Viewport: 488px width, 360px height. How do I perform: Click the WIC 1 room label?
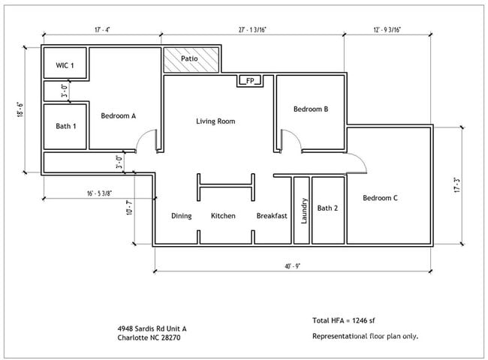(65, 66)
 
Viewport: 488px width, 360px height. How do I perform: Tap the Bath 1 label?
(66, 126)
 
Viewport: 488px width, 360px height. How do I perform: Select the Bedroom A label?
(119, 115)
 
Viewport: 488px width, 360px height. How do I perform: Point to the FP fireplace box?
(250, 80)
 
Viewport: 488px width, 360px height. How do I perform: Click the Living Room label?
(216, 121)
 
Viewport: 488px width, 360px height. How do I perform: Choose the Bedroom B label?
(311, 109)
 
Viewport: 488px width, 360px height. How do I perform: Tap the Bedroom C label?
(380, 198)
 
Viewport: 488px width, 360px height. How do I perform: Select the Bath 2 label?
(327, 208)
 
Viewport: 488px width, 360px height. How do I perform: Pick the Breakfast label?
(272, 216)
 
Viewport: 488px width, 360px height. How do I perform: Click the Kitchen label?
(223, 216)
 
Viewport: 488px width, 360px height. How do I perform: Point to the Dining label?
(182, 216)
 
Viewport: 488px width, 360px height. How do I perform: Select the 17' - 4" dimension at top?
(104, 30)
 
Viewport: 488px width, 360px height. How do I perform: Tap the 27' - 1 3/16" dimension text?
(252, 30)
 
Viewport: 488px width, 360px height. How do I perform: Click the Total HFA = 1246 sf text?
(349, 320)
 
